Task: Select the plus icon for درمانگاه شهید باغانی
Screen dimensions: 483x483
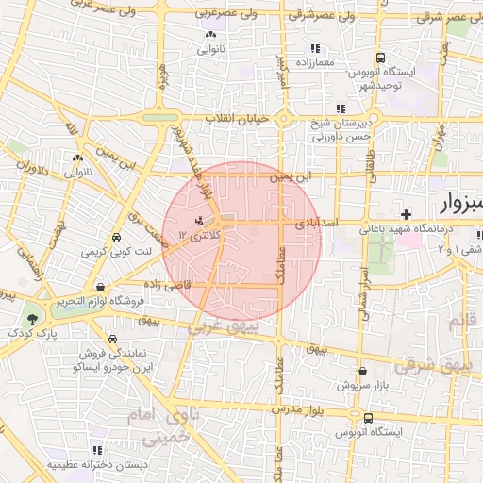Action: [x=406, y=214]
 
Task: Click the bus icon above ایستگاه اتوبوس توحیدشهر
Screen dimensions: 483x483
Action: [x=378, y=57]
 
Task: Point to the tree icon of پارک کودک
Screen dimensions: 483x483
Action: [x=34, y=318]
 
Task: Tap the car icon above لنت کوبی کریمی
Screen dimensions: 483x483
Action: [x=116, y=237]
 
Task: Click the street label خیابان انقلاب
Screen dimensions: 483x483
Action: [x=238, y=120]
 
